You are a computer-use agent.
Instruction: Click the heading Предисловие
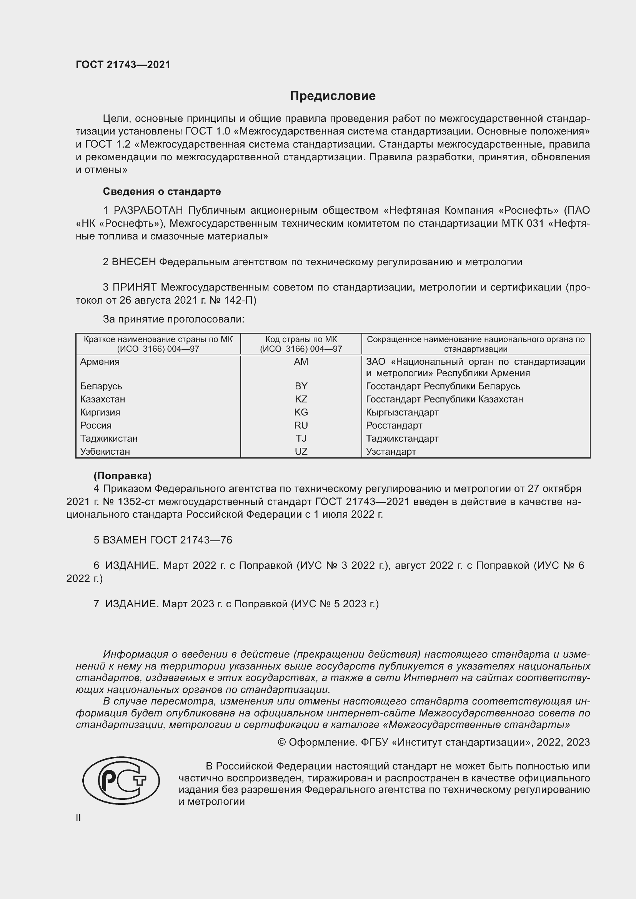point(333,96)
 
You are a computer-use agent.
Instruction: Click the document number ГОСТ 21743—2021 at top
point(123,65)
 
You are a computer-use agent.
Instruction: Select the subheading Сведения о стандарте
point(162,191)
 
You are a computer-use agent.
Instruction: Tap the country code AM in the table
point(301,361)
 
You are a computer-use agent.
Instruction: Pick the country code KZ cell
point(301,399)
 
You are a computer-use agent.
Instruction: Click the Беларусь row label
point(101,386)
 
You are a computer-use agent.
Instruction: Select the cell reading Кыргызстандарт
point(402,412)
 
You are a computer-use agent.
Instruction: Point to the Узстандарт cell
point(391,452)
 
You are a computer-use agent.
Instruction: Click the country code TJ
point(301,438)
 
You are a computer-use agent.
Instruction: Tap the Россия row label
point(96,425)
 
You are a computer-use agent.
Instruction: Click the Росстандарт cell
point(394,425)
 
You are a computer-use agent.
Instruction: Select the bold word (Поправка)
point(122,476)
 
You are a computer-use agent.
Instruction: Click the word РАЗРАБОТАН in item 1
point(149,211)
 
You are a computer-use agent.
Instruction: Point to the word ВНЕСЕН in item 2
point(134,262)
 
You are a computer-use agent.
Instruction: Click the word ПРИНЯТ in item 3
point(135,287)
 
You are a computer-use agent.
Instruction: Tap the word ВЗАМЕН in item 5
point(125,540)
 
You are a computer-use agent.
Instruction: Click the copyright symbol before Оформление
point(281,743)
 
